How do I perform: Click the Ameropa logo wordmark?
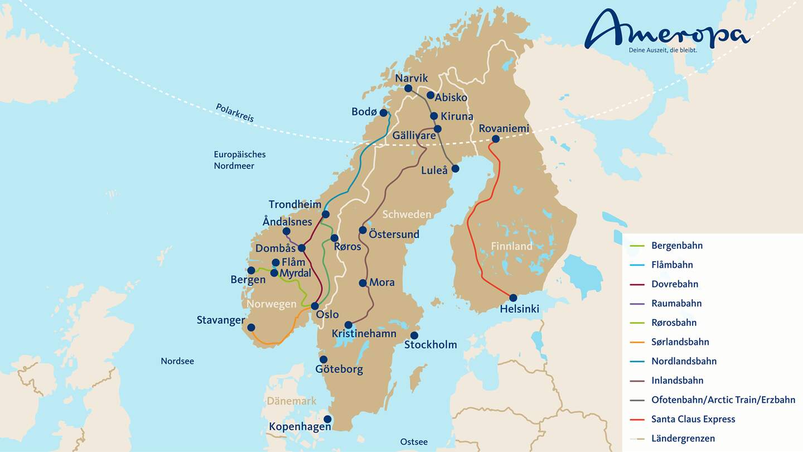click(666, 31)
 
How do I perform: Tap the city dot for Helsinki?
click(513, 298)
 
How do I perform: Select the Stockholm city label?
click(430, 345)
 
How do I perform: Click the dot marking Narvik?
click(408, 88)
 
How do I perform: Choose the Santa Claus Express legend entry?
click(693, 419)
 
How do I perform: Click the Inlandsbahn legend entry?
click(677, 381)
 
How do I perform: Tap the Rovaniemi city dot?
click(495, 139)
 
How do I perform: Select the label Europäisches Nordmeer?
click(240, 160)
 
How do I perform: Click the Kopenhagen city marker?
click(327, 419)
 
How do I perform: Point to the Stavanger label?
click(221, 320)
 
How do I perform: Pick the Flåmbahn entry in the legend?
click(672, 265)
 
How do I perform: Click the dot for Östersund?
click(363, 230)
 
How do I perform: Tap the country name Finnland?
click(511, 246)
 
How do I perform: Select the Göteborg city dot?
click(323, 359)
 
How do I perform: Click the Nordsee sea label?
click(177, 361)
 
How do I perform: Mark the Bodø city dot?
click(384, 113)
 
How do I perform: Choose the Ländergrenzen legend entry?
click(683, 439)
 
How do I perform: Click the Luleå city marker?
click(455, 169)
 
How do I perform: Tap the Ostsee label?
click(414, 442)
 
